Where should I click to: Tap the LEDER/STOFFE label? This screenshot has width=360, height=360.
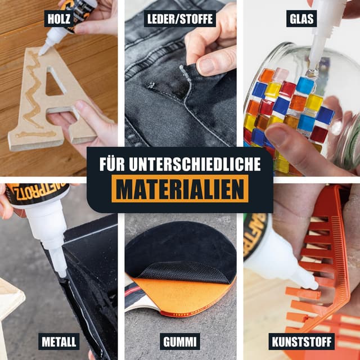coord(180,19)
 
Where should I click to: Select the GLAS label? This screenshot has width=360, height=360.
coord(301,19)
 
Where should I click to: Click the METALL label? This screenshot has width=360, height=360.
coord(59,341)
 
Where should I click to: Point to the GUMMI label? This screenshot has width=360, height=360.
coord(180,341)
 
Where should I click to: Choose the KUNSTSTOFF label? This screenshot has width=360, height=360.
coord(301,341)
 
